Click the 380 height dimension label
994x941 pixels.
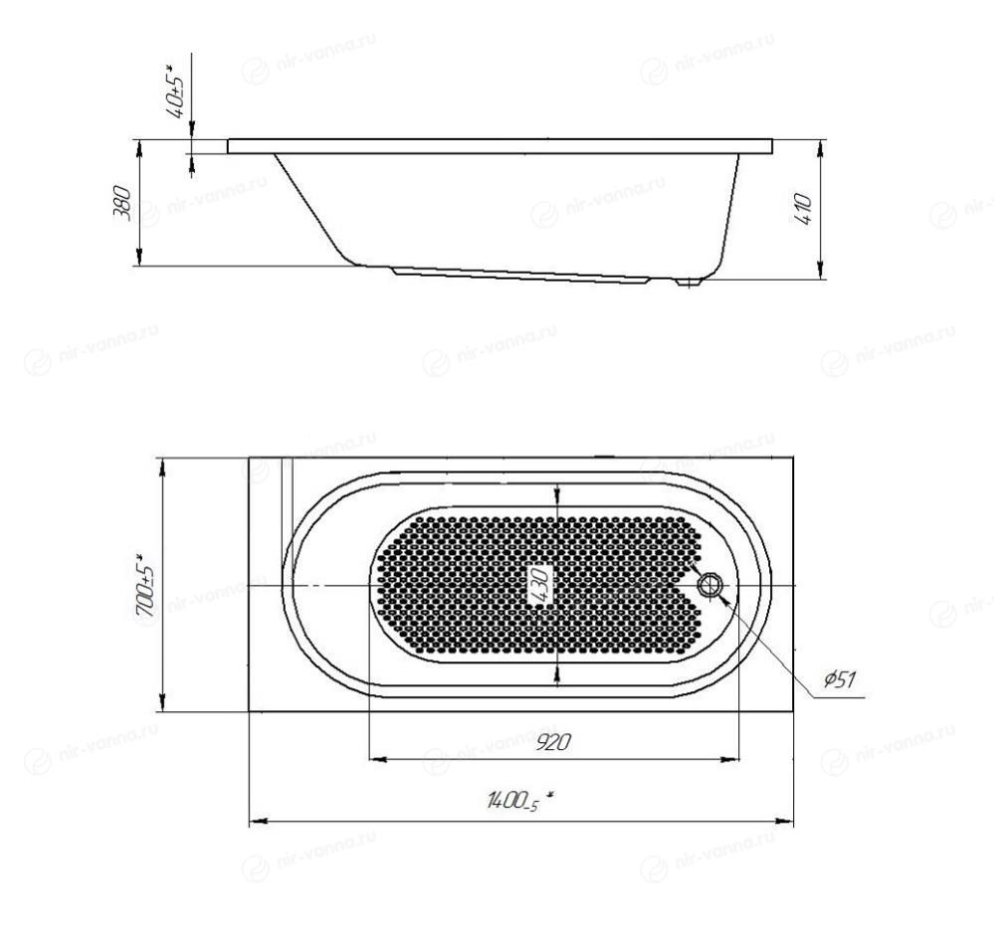[x=122, y=203]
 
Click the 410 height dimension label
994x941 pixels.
[x=802, y=210]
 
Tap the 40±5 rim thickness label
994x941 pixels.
[x=175, y=92]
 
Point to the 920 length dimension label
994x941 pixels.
[x=553, y=741]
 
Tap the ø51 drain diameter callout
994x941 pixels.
[x=840, y=680]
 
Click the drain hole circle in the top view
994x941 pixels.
[x=709, y=584]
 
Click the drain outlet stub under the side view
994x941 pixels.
[x=687, y=282]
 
